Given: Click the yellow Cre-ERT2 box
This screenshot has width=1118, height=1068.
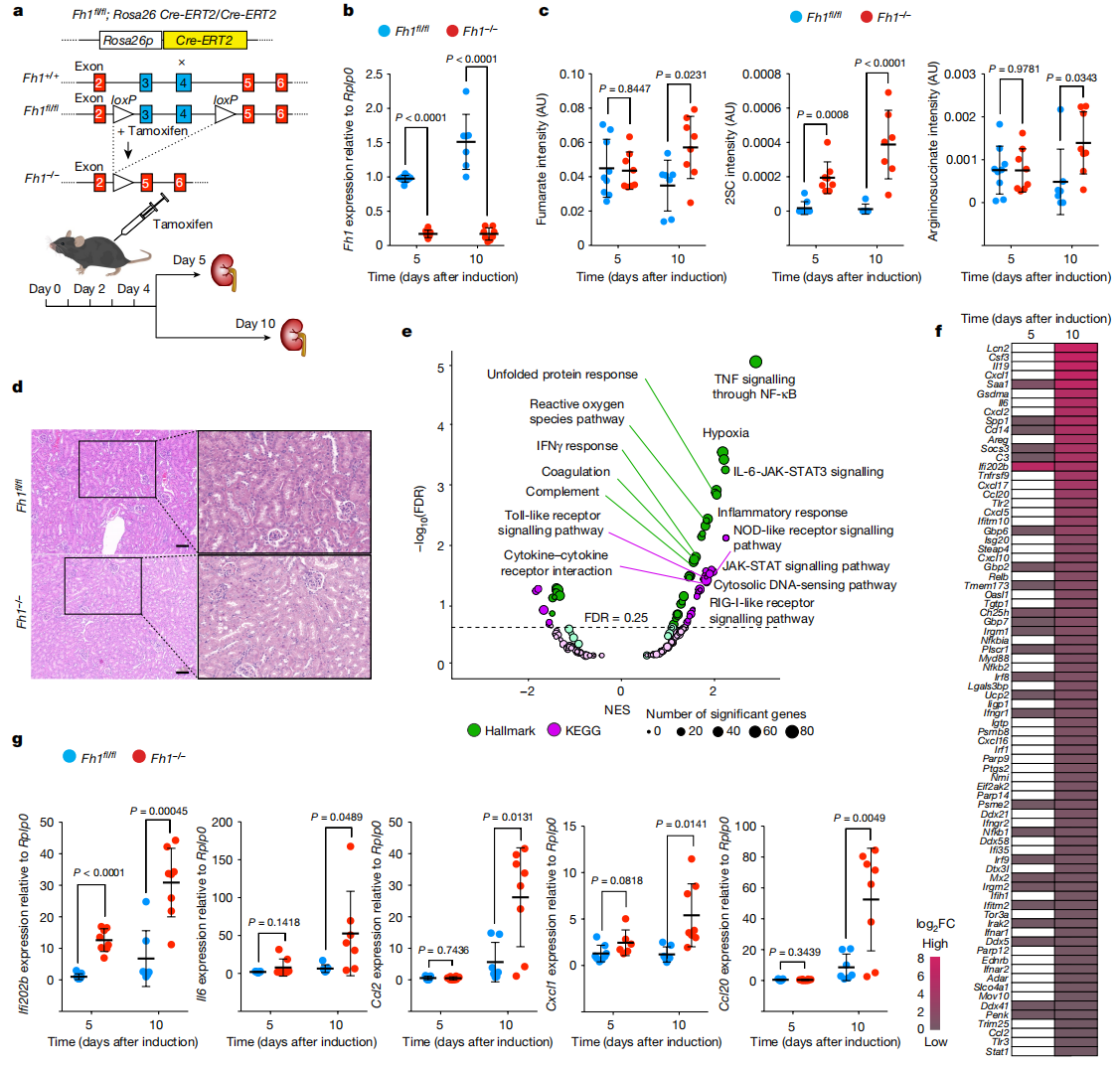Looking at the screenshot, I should tap(205, 41).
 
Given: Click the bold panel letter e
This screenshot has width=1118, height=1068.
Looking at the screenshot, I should tap(406, 330).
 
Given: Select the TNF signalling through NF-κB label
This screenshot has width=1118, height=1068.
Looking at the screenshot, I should tap(754, 386).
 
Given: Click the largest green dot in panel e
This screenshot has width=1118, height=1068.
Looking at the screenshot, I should tap(754, 362).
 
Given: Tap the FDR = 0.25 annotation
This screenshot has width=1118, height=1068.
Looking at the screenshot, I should tap(615, 617).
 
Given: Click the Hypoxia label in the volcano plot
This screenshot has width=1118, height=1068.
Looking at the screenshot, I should tap(725, 433).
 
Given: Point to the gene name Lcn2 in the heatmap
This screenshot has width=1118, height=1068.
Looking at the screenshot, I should tap(998, 348).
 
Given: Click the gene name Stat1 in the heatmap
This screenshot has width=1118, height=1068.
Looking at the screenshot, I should tap(998, 1051).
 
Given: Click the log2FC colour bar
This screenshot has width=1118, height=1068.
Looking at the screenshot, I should tap(934, 992).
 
